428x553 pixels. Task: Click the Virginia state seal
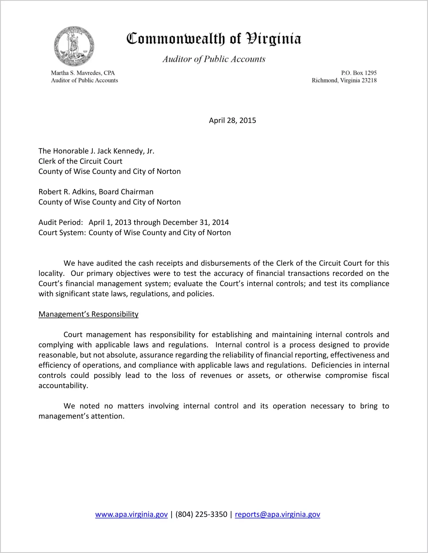(x=74, y=46)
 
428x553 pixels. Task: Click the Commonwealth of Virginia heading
(x=214, y=39)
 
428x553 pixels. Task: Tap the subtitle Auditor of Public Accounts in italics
(x=214, y=59)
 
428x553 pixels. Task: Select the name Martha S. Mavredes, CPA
(x=83, y=73)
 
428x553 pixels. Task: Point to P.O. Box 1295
(x=359, y=73)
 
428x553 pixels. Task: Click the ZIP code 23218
(x=369, y=80)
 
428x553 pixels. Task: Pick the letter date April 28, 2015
(x=232, y=120)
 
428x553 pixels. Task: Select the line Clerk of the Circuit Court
(x=80, y=161)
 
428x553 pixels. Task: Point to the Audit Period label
(x=61, y=223)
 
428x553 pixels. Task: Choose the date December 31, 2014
(x=196, y=223)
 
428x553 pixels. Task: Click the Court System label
(x=62, y=233)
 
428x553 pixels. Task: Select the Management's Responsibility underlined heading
(x=88, y=314)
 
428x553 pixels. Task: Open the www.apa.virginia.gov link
(x=131, y=515)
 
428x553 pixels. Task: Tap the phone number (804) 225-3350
(x=201, y=515)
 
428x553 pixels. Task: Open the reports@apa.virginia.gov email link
(x=277, y=515)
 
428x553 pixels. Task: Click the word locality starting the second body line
(x=51, y=273)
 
